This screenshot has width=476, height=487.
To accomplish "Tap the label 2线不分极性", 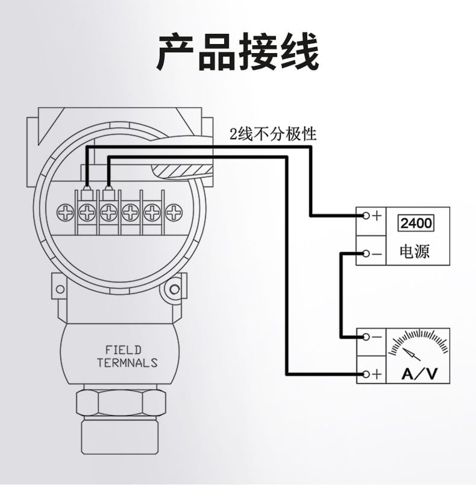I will (x=272, y=134).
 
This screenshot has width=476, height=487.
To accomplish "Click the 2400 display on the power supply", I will (x=416, y=224).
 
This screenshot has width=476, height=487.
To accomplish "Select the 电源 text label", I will (x=415, y=251).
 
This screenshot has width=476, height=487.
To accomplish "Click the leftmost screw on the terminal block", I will (x=65, y=212).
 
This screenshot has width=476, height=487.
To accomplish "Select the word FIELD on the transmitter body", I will (x=123, y=350).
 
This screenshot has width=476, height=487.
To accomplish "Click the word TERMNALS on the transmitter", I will (x=127, y=363).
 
